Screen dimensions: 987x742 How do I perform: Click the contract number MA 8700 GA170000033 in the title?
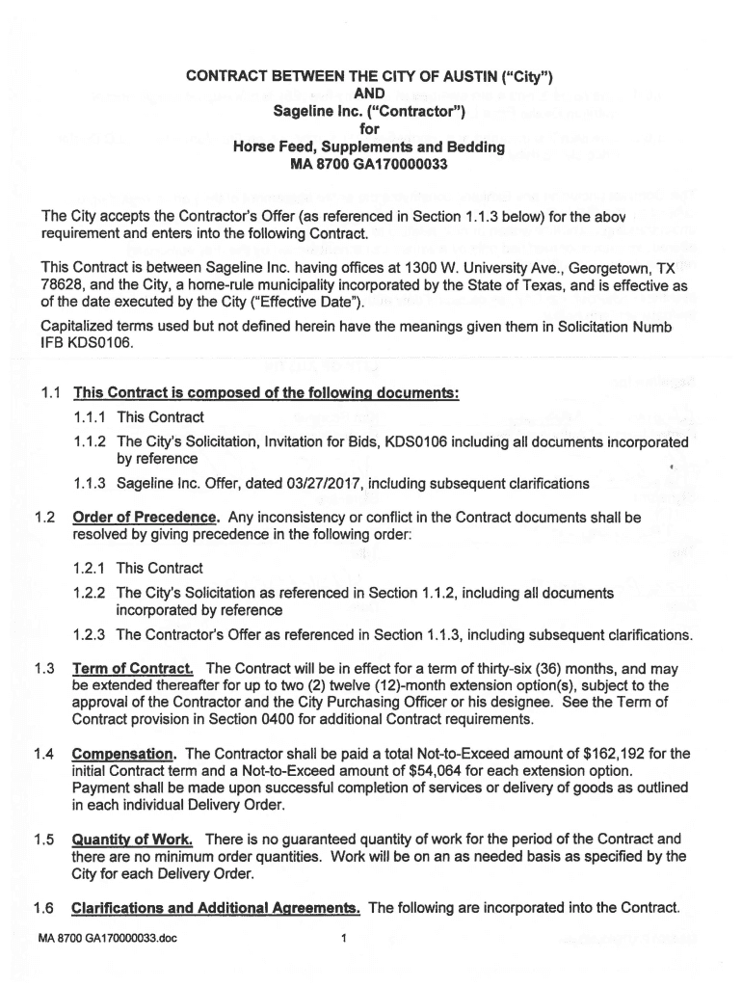tap(370, 165)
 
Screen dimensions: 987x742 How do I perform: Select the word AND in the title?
tap(370, 93)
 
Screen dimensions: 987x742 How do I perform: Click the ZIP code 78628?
tap(62, 282)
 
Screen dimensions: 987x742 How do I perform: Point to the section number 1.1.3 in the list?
tap(90, 483)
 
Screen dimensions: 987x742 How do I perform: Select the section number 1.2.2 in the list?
tap(90, 593)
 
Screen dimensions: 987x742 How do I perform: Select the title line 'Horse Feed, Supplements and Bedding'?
tap(370, 147)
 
